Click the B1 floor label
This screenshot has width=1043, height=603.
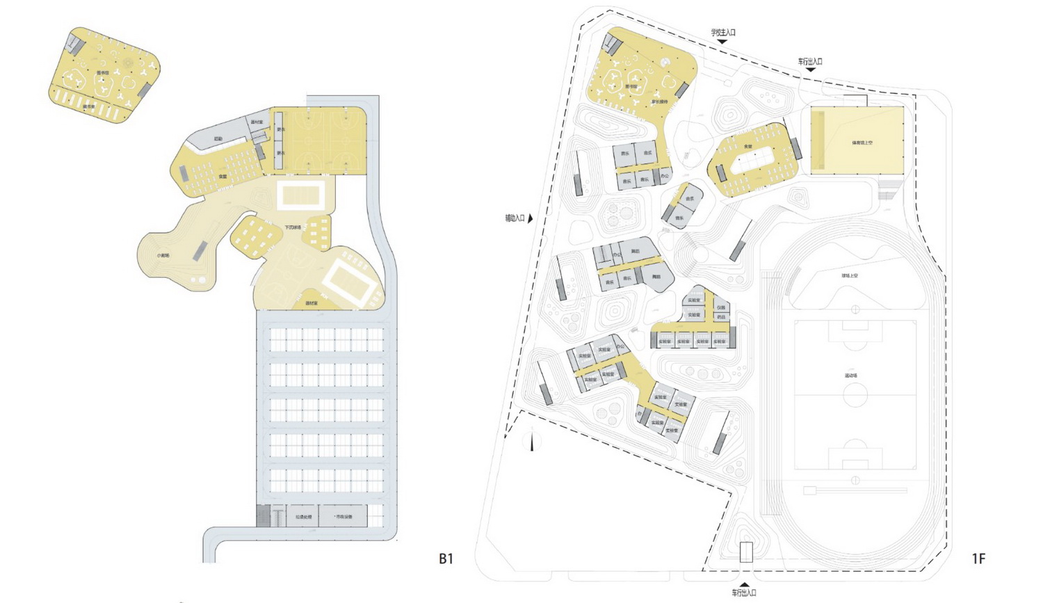tap(446, 558)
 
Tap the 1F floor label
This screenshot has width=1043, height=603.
tap(978, 558)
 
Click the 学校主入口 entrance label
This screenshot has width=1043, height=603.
tap(722, 32)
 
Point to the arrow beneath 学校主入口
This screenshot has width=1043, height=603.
tap(722, 42)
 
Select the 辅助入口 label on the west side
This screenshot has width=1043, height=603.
tap(515, 218)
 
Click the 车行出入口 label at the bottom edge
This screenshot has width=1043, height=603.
tap(744, 593)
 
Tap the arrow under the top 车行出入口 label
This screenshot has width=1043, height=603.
tap(810, 70)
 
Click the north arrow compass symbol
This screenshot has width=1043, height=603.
tap(532, 441)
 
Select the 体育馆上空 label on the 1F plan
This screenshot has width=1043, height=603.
tap(862, 143)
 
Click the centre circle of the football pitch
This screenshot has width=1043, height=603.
tap(855, 394)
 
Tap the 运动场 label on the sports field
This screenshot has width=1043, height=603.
tap(851, 376)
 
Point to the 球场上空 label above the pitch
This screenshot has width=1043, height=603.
tap(850, 275)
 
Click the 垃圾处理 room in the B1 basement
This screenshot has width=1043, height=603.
tap(303, 517)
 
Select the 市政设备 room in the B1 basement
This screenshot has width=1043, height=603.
tap(343, 517)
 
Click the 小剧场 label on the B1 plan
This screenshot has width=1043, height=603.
tap(163, 255)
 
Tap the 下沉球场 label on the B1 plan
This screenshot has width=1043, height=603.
tap(292, 227)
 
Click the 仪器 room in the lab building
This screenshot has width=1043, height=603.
tap(721, 307)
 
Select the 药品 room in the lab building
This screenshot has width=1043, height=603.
tap(721, 316)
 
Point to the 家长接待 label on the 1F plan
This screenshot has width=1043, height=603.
tap(659, 102)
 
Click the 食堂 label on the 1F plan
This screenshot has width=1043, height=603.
tap(748, 146)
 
